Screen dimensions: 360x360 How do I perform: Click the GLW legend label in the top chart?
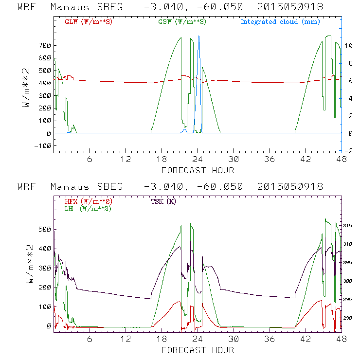88,21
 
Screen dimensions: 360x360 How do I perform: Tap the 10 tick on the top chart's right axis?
349,45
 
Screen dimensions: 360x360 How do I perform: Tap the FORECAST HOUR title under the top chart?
198,170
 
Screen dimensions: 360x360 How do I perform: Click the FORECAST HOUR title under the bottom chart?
198,350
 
